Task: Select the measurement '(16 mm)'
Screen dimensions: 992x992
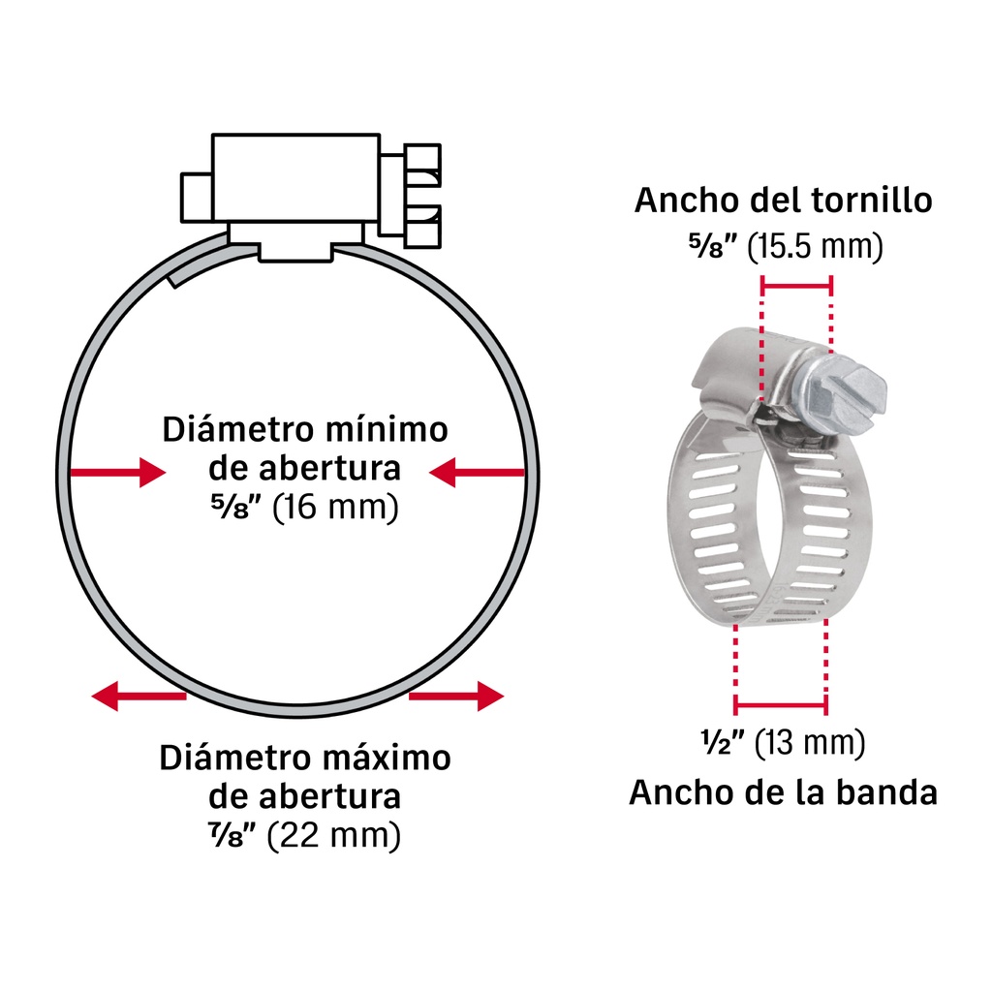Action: (x=335, y=507)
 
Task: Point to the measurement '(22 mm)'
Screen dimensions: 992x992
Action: (x=334, y=836)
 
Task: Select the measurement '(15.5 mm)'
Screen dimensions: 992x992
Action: (x=815, y=246)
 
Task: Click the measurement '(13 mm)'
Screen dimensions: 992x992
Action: (x=810, y=742)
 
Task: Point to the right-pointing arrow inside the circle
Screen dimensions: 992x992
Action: (x=118, y=473)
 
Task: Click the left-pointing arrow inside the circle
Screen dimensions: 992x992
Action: (x=477, y=473)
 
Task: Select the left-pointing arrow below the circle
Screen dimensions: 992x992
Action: (x=139, y=696)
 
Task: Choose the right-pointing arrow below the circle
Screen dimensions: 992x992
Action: (x=456, y=696)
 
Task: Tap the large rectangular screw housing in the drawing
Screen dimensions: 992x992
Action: (x=295, y=178)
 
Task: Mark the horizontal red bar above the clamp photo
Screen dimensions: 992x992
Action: (x=796, y=286)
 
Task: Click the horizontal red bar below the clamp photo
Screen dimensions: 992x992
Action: (x=781, y=704)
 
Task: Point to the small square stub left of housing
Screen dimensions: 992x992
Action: (x=196, y=198)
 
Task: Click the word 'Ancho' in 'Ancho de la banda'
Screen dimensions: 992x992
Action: (x=672, y=792)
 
